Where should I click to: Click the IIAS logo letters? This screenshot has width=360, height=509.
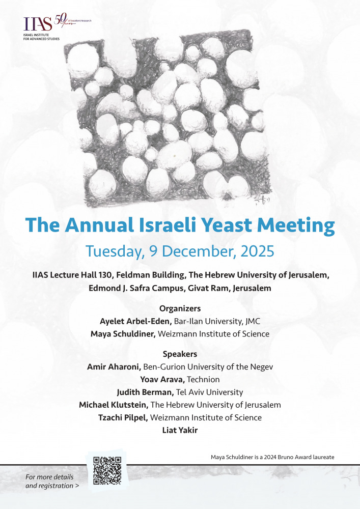[x=38, y=23]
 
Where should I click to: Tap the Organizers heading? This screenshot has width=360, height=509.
[x=180, y=308]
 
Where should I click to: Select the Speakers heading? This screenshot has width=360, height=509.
[x=180, y=354]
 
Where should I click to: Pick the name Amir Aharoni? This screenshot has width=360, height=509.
[x=114, y=366]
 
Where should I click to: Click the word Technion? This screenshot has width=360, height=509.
[x=204, y=379]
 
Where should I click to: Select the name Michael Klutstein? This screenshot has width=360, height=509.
[x=114, y=405]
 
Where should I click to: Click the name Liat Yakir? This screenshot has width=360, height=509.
[x=180, y=430]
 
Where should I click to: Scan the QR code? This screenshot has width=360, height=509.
[x=107, y=471]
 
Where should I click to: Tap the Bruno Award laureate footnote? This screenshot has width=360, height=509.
[x=272, y=457]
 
